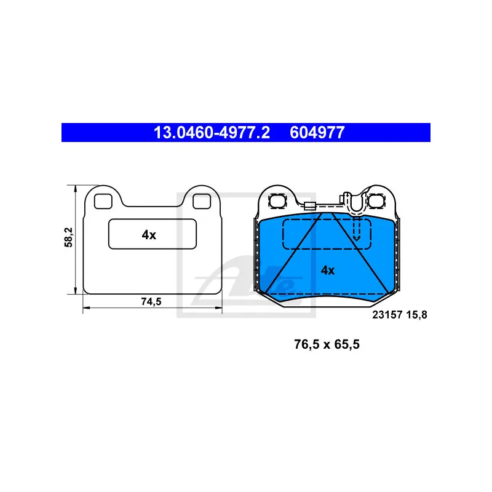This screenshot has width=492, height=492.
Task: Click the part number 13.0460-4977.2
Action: [x=212, y=132]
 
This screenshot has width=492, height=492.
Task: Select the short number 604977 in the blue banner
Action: [x=317, y=132]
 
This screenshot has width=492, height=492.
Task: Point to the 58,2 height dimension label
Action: [x=68, y=237]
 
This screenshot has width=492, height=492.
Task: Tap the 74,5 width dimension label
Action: [x=151, y=301]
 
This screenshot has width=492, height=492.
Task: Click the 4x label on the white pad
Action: [x=149, y=235]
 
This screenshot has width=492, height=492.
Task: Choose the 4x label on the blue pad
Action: [x=328, y=270]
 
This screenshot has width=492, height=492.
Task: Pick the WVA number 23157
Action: [x=387, y=315]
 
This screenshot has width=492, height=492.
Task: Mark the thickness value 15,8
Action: [x=417, y=315]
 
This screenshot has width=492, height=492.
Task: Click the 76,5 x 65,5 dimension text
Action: [x=327, y=344]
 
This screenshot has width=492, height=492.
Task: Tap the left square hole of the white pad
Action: [x=103, y=201]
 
